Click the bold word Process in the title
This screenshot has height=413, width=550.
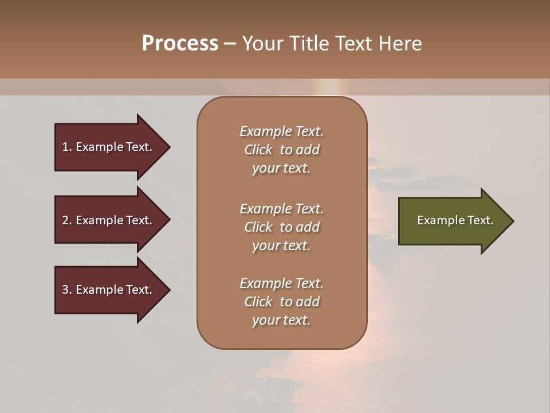[x=180, y=44]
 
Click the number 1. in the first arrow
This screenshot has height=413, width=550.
[x=66, y=147]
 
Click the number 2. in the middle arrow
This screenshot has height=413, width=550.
[x=66, y=220]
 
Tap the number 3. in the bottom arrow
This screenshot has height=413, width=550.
[x=66, y=290]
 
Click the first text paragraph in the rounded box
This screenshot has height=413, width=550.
[x=281, y=150]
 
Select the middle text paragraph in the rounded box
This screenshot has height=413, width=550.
[x=281, y=227]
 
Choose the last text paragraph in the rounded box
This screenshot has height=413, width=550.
[x=281, y=302]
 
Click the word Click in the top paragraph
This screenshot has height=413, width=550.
[x=258, y=150]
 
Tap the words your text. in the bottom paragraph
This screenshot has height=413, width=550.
[x=281, y=320]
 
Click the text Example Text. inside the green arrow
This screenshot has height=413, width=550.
[x=455, y=220]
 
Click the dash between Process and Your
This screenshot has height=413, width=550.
[x=230, y=44]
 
